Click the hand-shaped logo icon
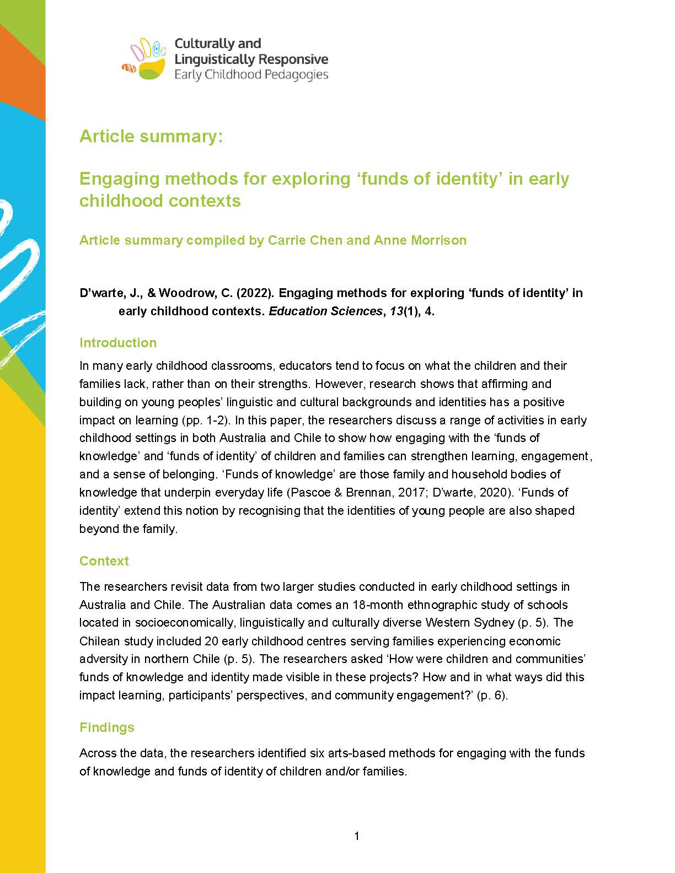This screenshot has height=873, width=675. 144,59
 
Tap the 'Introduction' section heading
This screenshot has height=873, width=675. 118,343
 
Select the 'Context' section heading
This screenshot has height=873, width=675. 104,561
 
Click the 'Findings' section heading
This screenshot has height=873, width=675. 107,727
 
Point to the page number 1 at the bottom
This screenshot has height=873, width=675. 357,836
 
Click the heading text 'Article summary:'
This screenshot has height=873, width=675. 151,136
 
